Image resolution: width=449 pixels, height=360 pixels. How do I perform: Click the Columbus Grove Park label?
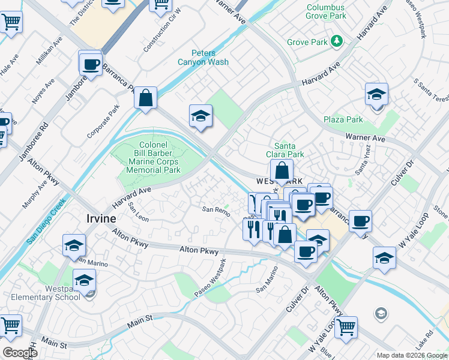[x=327, y=12]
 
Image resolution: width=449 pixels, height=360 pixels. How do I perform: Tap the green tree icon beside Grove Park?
[x=339, y=41]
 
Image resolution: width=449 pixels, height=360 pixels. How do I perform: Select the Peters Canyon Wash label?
[x=203, y=57]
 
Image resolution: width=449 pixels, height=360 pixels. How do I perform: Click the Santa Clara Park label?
[x=289, y=150]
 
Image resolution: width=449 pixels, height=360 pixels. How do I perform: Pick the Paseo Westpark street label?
[x=209, y=277]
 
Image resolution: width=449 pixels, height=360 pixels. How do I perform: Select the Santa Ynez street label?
[x=363, y=162]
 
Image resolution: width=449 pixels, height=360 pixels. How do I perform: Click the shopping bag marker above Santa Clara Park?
[x=282, y=172]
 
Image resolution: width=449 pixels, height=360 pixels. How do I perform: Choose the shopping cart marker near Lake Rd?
[x=346, y=328]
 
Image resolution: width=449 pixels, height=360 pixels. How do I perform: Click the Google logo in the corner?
[x=20, y=353]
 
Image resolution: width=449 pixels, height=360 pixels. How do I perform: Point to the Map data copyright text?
[x=412, y=355]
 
